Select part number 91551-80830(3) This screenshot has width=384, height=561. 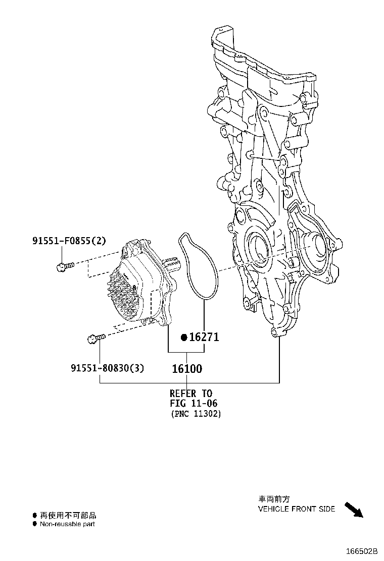tap(107, 368)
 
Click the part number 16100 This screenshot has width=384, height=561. tap(186, 369)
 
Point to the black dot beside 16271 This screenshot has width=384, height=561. tap(184, 337)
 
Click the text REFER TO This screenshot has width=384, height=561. tap(191, 393)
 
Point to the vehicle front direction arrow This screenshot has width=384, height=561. tap(354, 510)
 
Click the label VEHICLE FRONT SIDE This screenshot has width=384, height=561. tap(296, 509)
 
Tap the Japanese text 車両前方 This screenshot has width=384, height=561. tap(274, 498)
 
